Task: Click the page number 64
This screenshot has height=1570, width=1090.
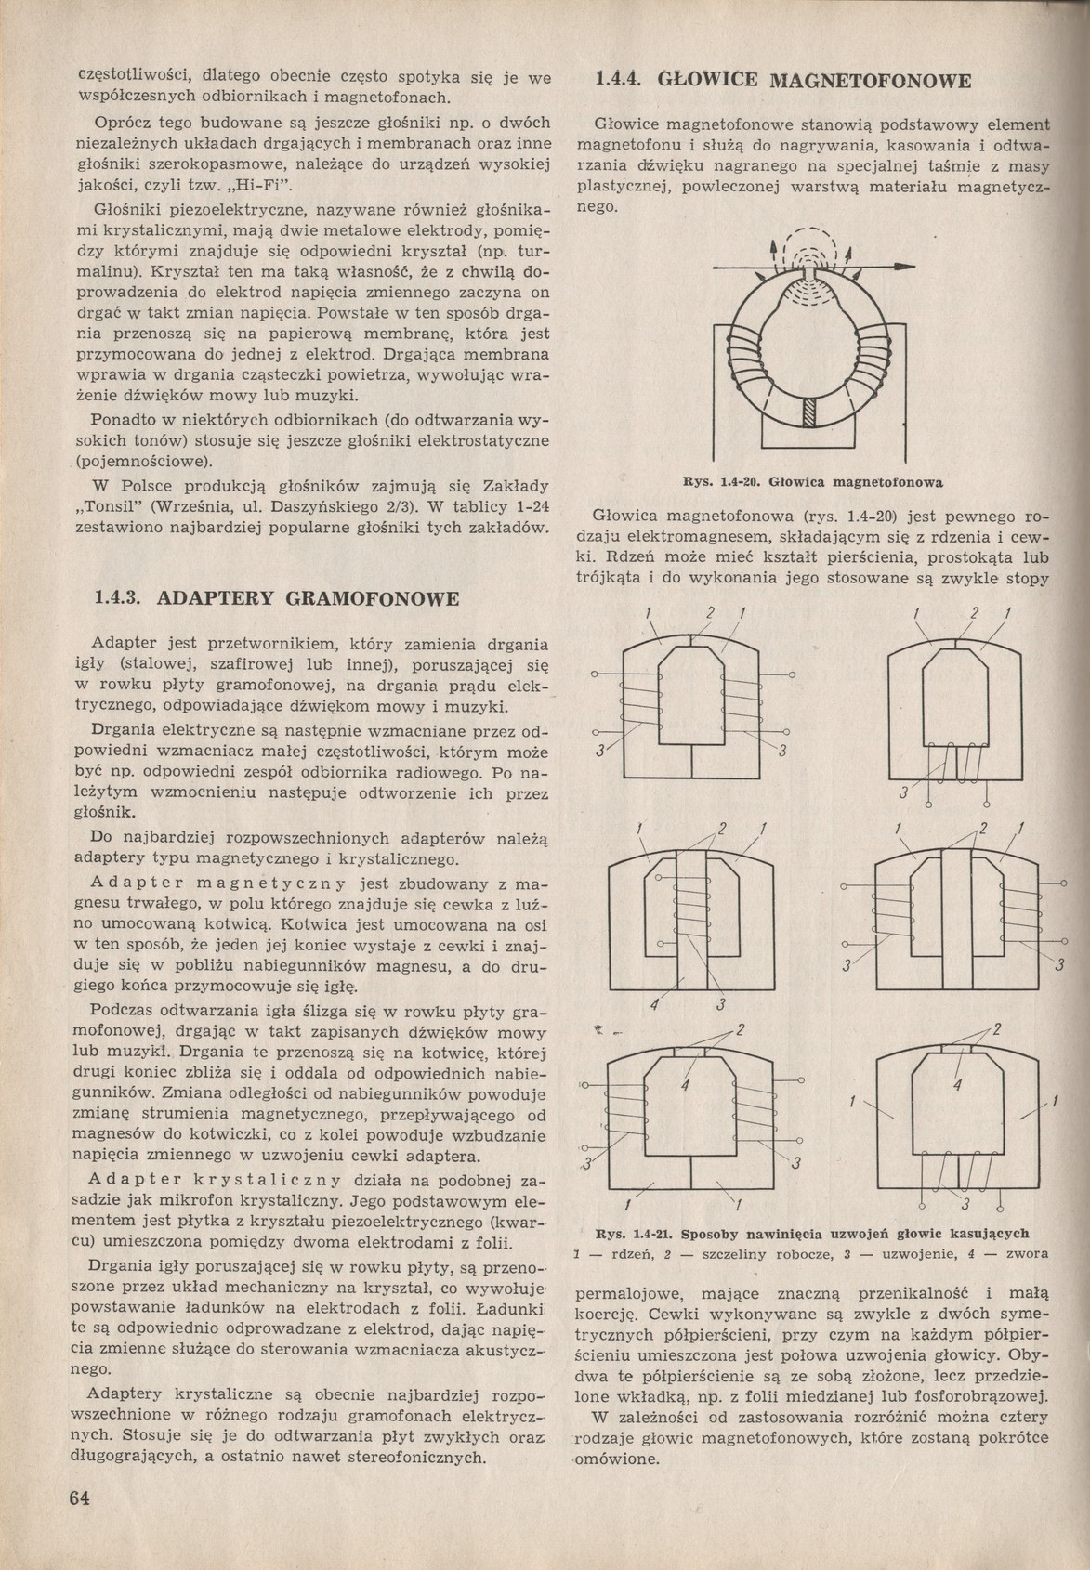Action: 79,1498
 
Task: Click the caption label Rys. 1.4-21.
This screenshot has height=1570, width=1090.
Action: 633,1235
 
